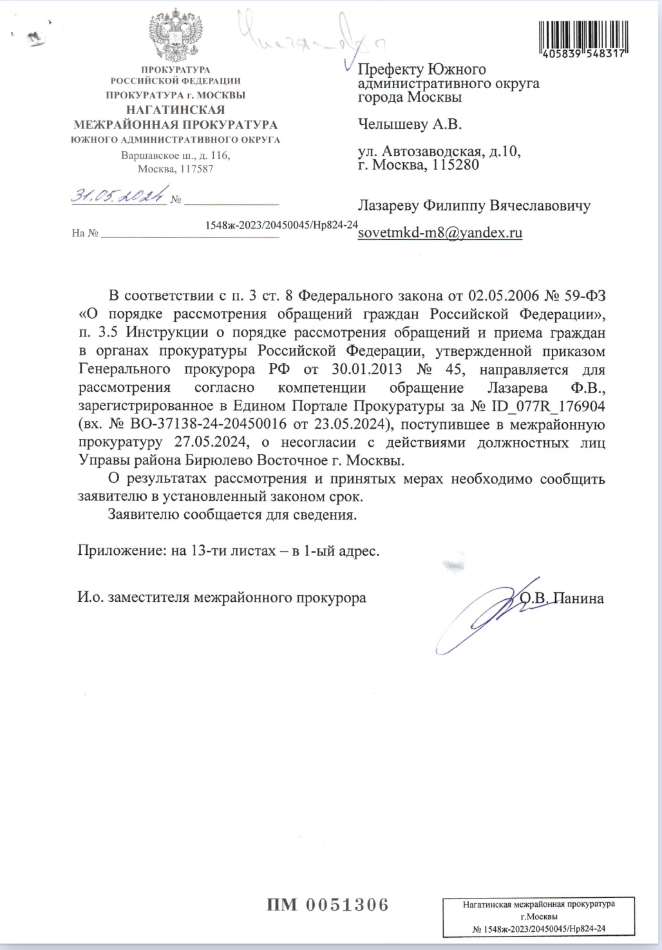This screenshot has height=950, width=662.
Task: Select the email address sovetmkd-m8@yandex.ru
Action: (x=440, y=232)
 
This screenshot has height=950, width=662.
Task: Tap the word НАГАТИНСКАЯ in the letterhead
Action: (x=175, y=109)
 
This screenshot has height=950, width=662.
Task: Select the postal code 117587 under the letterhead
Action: (x=196, y=169)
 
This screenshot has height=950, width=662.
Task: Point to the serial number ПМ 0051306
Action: (x=328, y=904)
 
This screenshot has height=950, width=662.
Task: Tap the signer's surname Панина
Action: (x=580, y=599)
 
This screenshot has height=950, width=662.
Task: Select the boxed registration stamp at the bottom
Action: (x=538, y=916)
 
